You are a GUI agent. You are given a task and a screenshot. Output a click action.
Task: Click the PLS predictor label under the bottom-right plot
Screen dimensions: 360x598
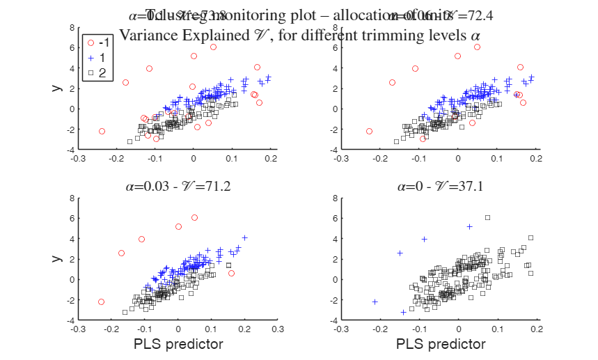pos(441,344)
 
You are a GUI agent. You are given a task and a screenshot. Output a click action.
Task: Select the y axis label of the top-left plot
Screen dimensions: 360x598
pos(55,88)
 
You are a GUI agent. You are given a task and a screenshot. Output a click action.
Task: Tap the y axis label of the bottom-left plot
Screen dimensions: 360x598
pos(55,258)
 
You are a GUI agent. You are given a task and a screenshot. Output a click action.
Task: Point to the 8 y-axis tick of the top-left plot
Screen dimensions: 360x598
pos(72,28)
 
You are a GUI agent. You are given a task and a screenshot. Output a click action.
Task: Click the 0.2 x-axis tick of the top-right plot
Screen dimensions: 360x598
pos(535,158)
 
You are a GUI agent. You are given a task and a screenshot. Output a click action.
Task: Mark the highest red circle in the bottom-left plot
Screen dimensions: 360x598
pos(194,218)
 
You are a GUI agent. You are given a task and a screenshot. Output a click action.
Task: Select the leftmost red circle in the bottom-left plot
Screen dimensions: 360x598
pos(101,302)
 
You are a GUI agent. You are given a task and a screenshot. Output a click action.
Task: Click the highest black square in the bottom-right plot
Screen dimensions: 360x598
pos(487,218)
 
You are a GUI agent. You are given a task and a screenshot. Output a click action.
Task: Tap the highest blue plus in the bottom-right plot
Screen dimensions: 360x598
pos(469,226)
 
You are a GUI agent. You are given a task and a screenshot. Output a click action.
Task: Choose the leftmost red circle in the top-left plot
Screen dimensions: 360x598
pos(102,131)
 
